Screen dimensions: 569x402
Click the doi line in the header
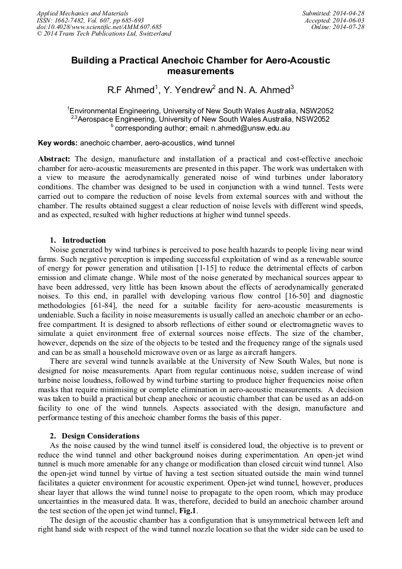tap(99, 27)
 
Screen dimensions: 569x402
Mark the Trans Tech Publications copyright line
tap(104, 34)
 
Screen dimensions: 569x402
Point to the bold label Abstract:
tap(55, 160)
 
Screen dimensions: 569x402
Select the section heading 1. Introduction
tap(78, 240)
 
